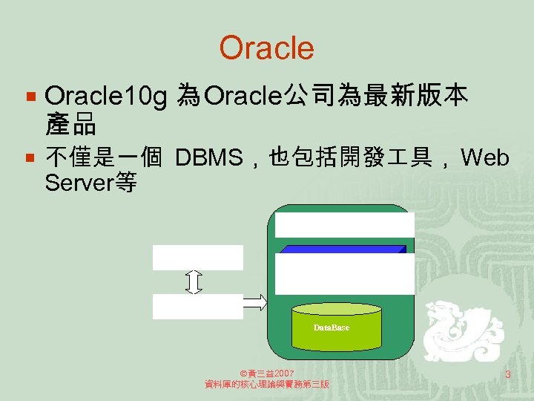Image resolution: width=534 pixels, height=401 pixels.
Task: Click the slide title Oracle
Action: [x=266, y=48]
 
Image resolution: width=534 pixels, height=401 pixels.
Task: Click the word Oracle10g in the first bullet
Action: [x=105, y=96]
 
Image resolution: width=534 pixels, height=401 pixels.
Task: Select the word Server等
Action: [x=90, y=183]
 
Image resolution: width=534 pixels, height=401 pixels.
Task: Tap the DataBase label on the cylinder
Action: [x=331, y=327]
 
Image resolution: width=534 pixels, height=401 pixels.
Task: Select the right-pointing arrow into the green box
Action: [x=255, y=301]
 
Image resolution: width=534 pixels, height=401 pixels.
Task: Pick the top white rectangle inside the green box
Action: [x=344, y=224]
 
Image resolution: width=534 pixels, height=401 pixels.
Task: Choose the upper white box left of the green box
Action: [x=197, y=257]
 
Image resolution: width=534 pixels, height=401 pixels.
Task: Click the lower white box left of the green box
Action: [x=197, y=306]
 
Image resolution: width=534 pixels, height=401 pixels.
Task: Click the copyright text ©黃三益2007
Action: [x=268, y=373]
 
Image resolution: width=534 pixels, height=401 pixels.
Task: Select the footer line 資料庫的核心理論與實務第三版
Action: [x=267, y=385]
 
